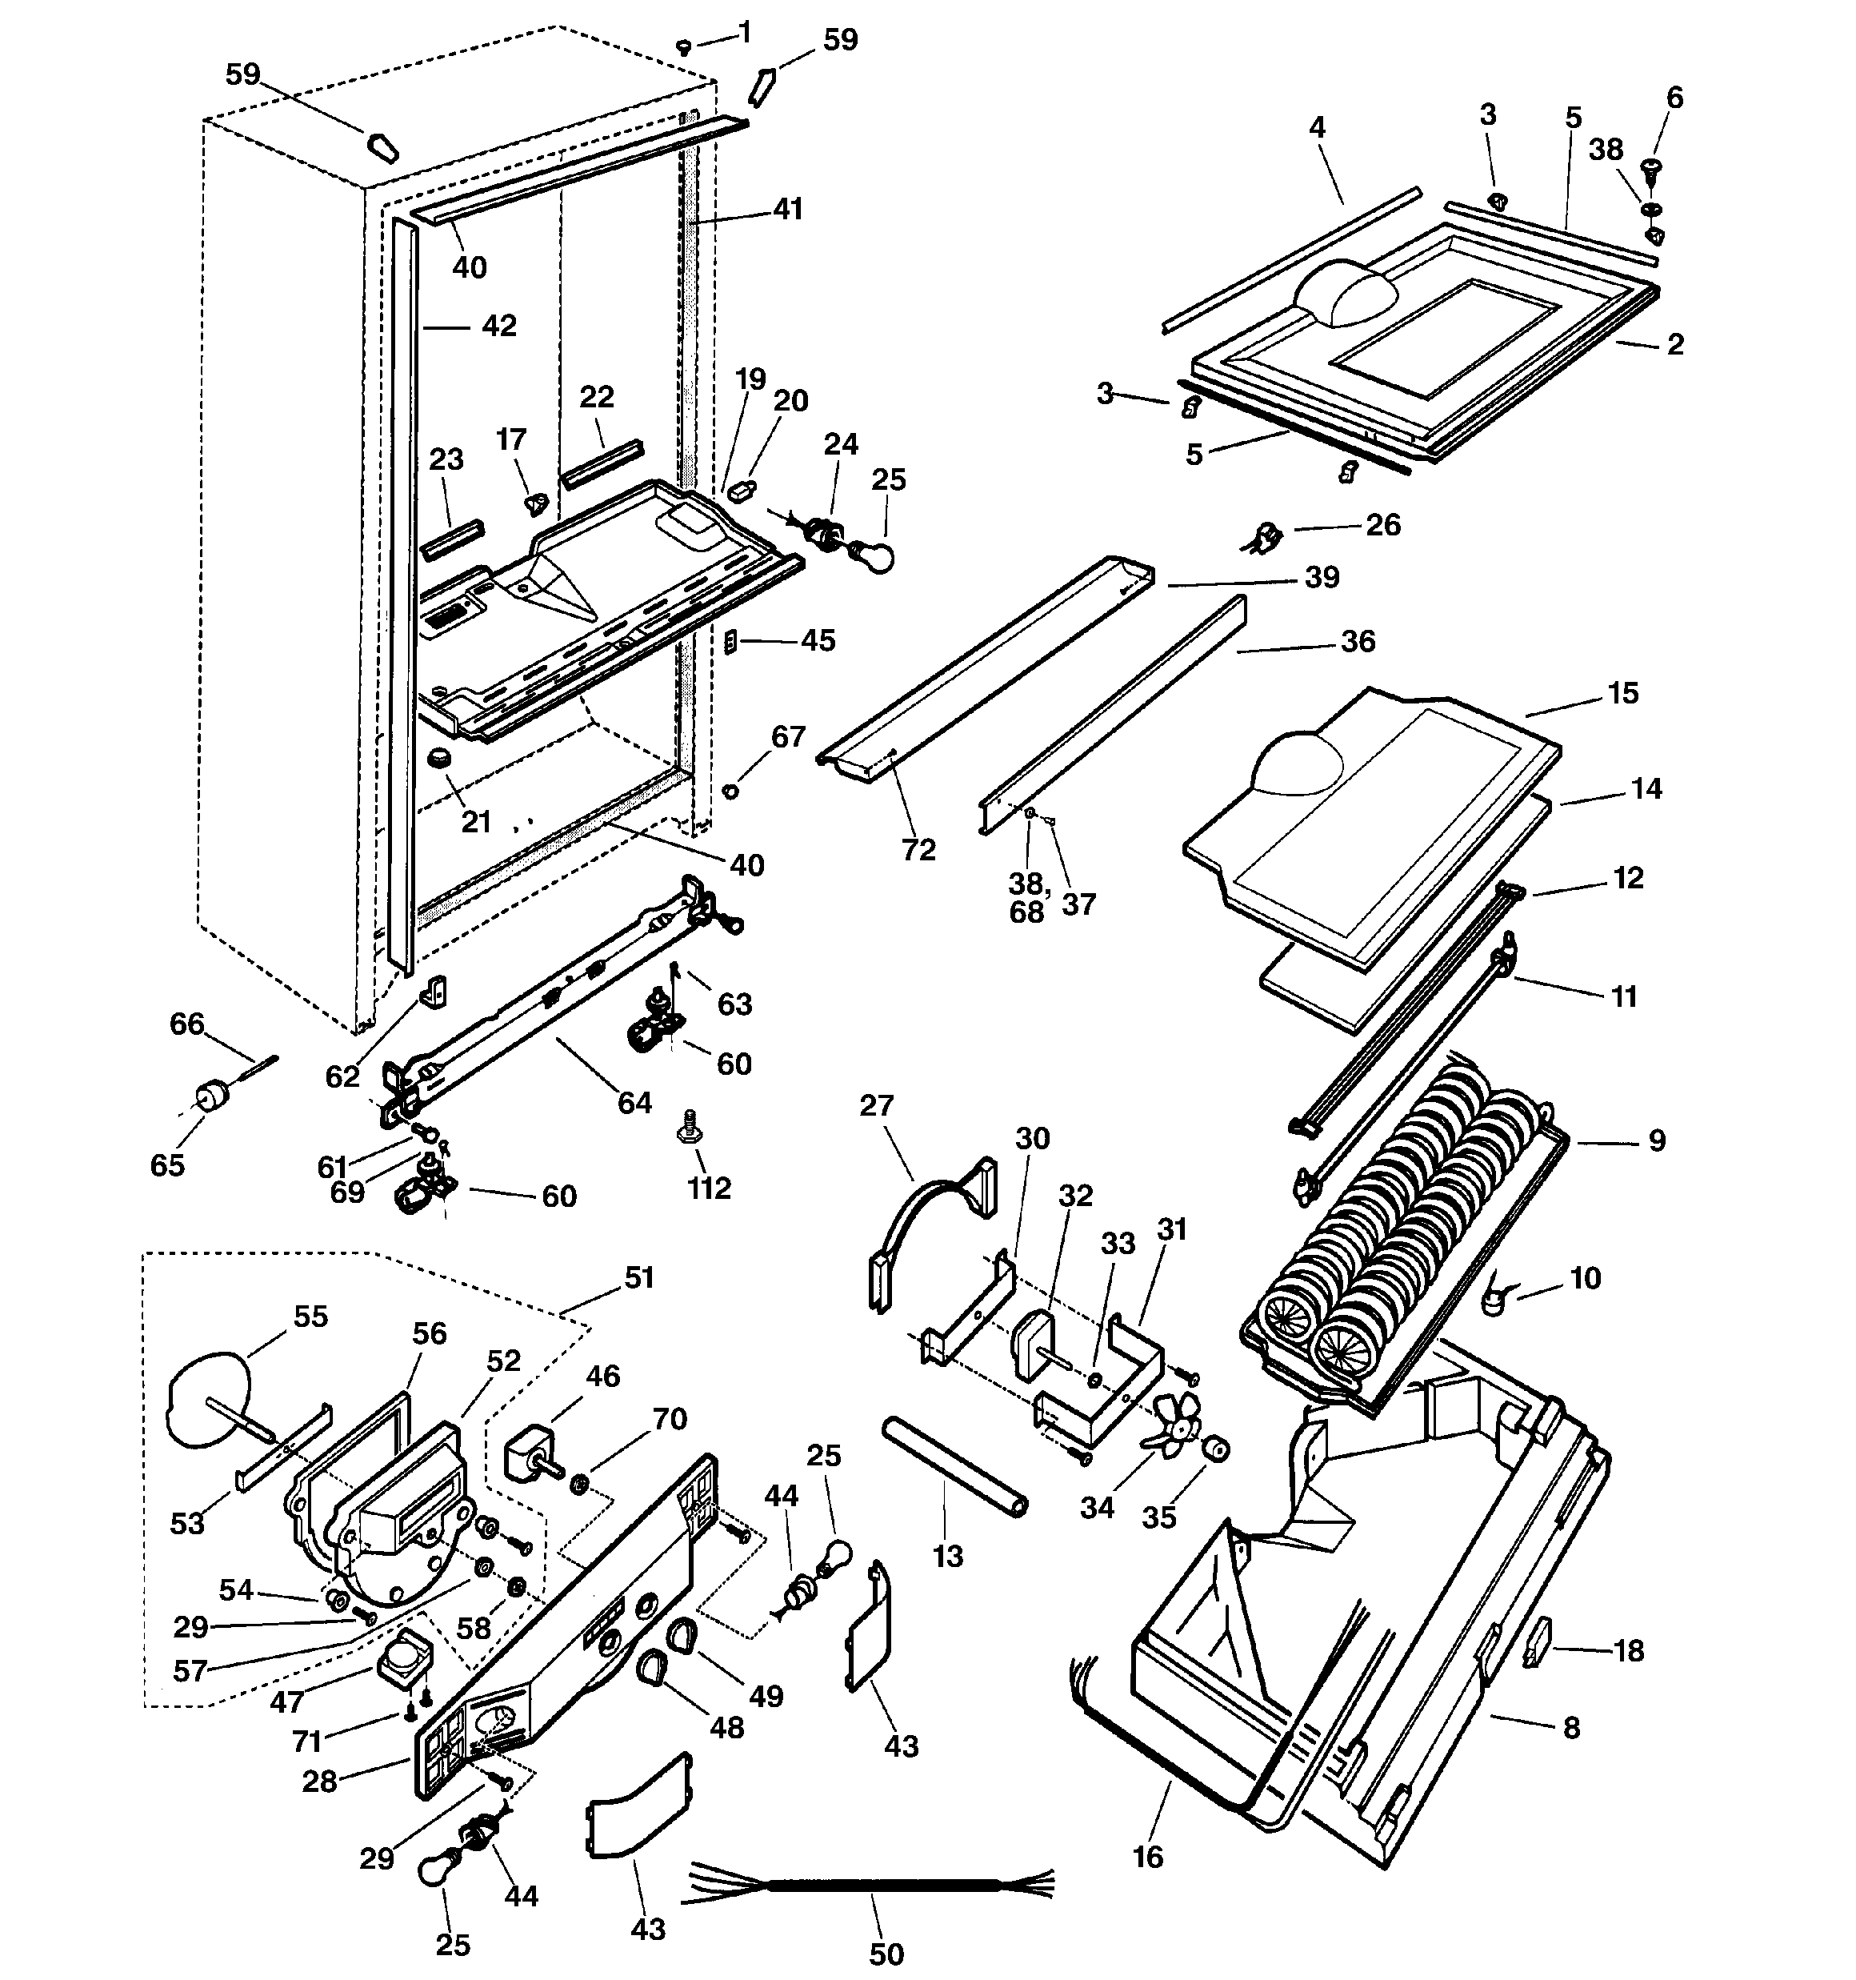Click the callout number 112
click(709, 1188)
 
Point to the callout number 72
click(918, 850)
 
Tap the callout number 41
click(788, 209)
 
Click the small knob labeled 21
click(439, 758)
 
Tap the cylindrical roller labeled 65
click(211, 1097)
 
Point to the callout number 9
click(1657, 1140)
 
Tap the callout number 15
click(1623, 693)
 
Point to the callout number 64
click(634, 1103)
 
